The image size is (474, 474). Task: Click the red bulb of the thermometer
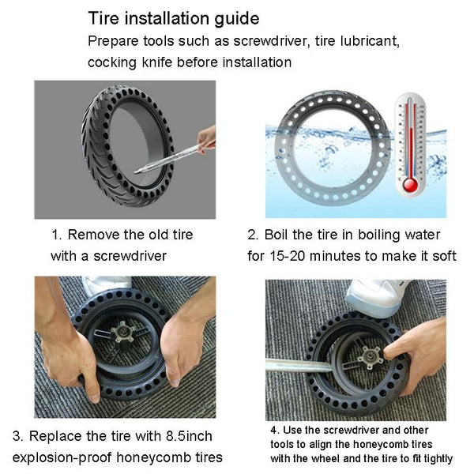coord(410,184)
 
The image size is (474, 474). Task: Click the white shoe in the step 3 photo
coord(106,284)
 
